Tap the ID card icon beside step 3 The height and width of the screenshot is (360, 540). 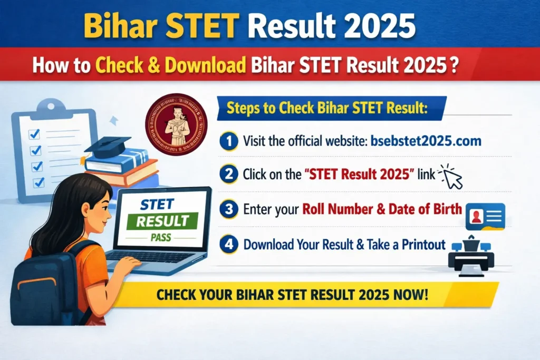pos(486,216)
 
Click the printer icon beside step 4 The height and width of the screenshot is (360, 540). pos(471,257)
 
